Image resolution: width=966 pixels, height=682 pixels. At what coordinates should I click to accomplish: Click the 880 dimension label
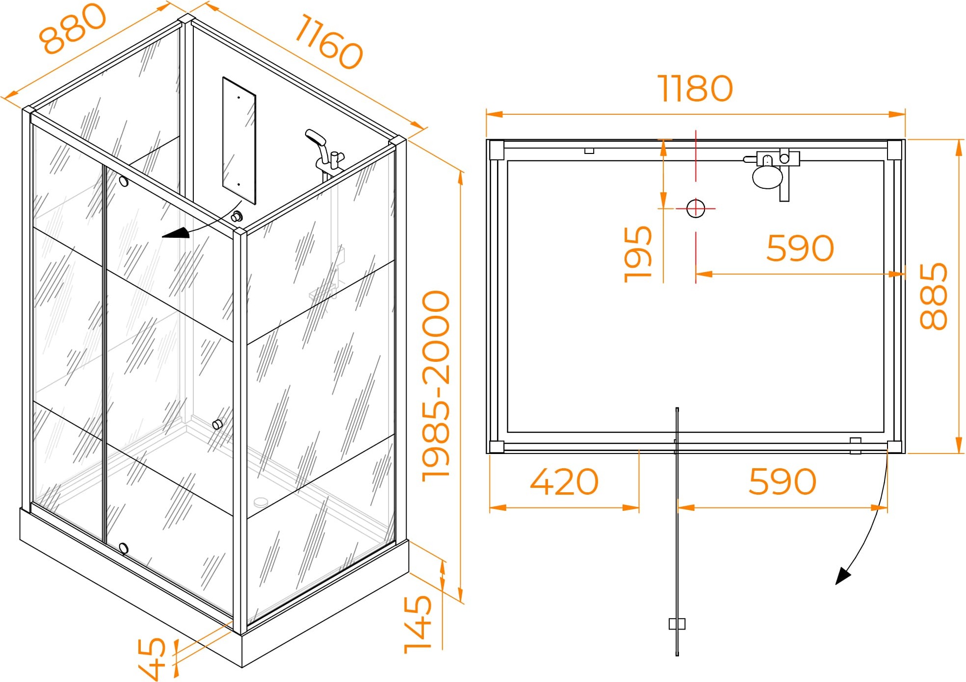[73, 28]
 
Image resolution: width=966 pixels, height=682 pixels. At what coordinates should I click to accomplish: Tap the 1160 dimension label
[329, 41]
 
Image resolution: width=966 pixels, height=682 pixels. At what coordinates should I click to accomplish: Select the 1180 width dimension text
[695, 89]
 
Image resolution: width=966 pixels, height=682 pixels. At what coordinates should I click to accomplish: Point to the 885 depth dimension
[933, 296]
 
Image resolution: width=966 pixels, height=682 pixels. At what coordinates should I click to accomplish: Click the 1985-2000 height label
[436, 386]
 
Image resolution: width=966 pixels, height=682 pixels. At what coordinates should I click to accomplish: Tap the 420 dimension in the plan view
[564, 481]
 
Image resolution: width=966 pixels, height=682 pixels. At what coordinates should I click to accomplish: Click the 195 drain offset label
[638, 254]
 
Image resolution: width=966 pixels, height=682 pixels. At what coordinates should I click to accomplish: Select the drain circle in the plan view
[696, 208]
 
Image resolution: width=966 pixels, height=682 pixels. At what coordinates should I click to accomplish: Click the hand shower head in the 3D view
[315, 137]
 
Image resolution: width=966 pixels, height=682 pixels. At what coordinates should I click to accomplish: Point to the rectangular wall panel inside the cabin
[239, 140]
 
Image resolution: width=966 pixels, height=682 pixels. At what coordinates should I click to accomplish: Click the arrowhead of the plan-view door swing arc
[843, 576]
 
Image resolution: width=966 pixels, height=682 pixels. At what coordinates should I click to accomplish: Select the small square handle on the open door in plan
[677, 624]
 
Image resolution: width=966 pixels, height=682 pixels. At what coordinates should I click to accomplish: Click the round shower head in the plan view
[767, 177]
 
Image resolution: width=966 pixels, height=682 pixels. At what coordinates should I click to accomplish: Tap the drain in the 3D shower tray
[261, 502]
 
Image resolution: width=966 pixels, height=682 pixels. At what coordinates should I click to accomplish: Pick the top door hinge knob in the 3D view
[124, 181]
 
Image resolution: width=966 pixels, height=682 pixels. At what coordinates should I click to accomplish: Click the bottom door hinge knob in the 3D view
[124, 548]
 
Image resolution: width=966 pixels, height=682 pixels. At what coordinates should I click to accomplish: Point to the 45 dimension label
[152, 658]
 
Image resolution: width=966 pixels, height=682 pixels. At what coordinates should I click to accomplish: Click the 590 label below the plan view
[782, 481]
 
